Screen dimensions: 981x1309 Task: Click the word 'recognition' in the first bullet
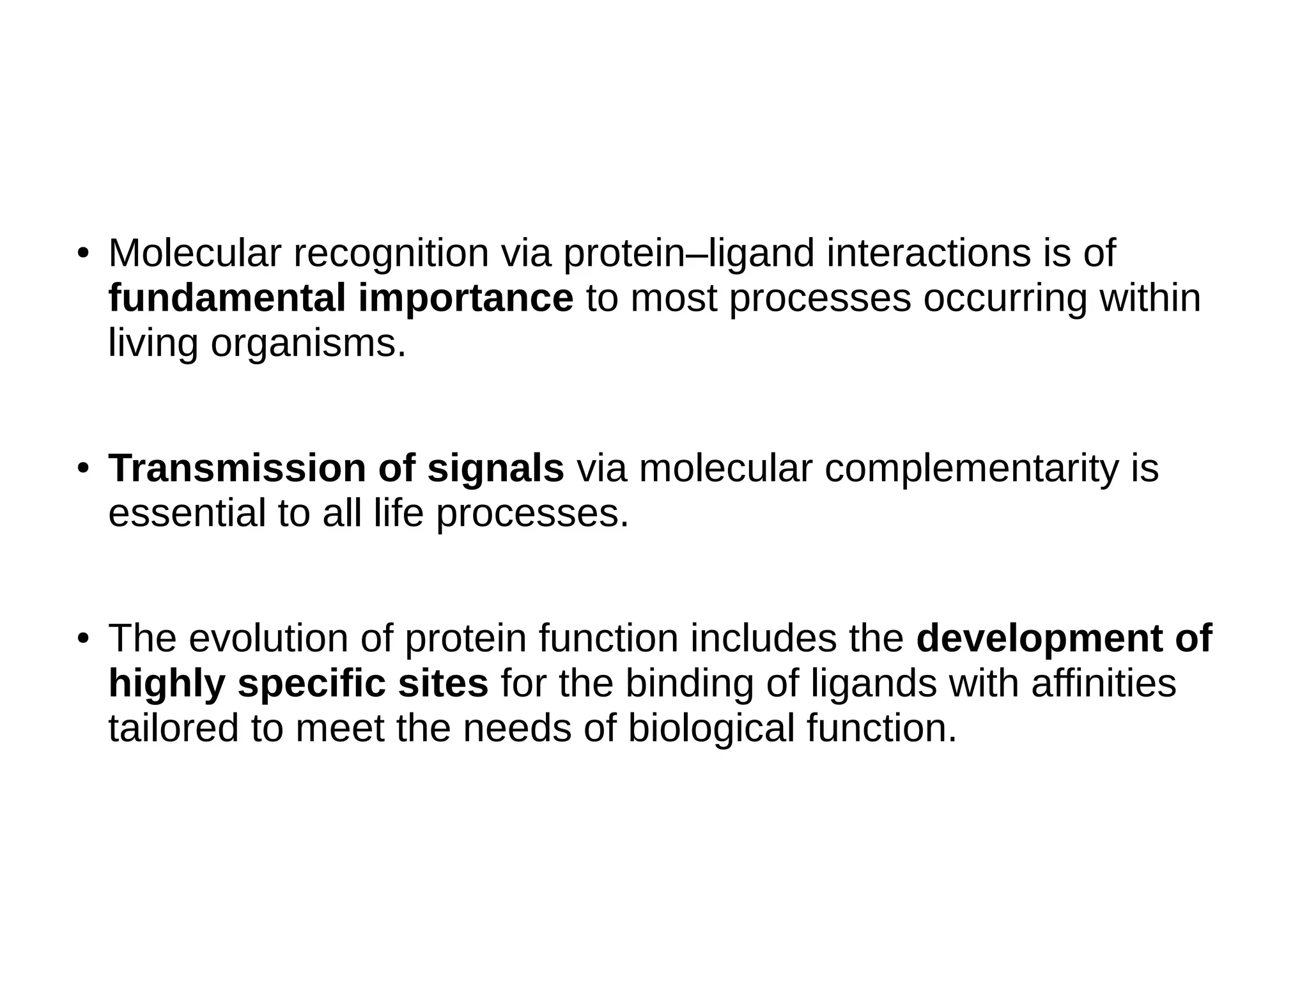tap(391, 254)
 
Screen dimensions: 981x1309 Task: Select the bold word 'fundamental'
tap(227, 298)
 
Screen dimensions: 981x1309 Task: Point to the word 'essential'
tap(187, 513)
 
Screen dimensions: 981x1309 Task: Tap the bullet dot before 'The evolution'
tap(82, 639)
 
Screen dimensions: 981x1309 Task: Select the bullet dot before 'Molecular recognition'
tap(82, 254)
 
